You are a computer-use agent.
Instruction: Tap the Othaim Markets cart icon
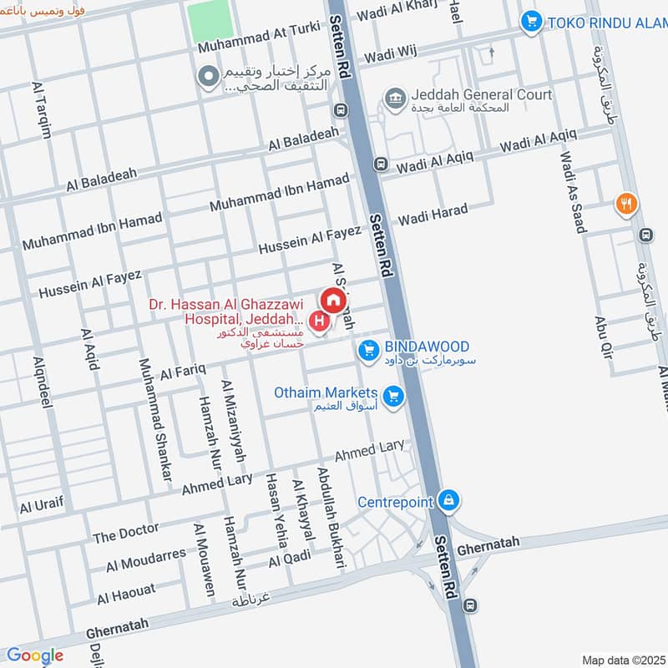click(x=393, y=394)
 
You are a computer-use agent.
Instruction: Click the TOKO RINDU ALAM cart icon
click(x=529, y=23)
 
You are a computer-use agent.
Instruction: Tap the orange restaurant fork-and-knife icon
click(x=626, y=202)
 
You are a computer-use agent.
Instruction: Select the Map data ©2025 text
click(x=622, y=660)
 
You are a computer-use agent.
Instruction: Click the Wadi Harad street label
click(x=433, y=214)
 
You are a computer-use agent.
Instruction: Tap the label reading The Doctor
click(x=125, y=532)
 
